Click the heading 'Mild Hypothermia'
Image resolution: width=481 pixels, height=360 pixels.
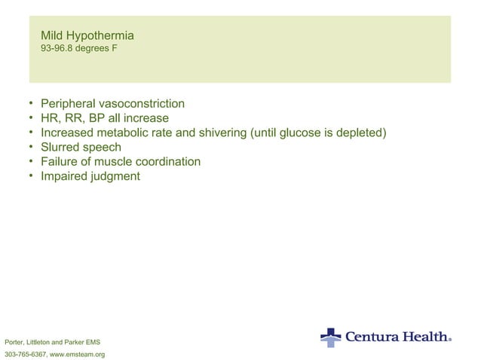(x=87, y=35)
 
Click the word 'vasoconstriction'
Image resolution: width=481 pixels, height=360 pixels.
(x=143, y=104)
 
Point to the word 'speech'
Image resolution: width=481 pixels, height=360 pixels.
(x=103, y=148)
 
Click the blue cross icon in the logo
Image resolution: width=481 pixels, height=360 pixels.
(x=330, y=337)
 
